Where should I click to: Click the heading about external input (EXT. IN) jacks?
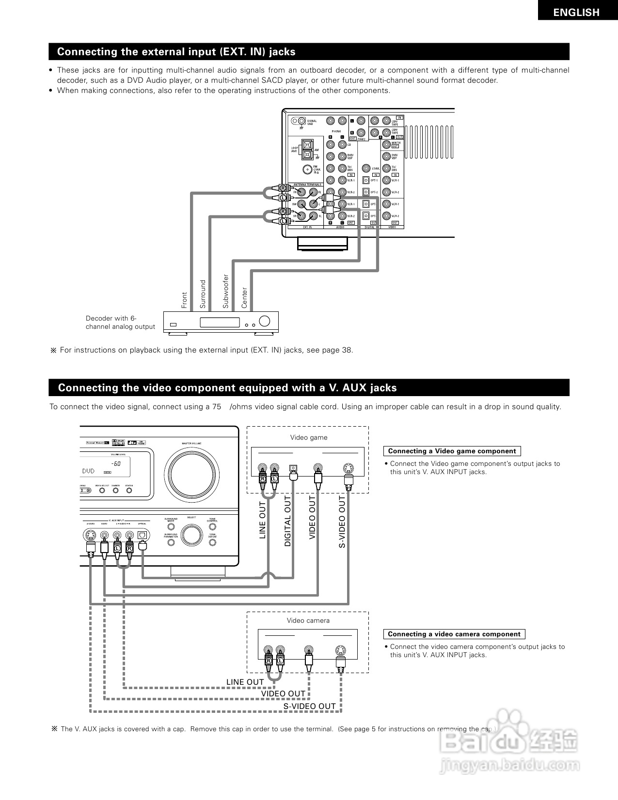(176, 52)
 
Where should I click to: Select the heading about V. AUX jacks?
(227, 388)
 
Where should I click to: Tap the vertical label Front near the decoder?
(184, 300)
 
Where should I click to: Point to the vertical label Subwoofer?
(225, 291)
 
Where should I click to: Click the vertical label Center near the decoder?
(244, 298)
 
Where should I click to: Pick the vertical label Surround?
(203, 294)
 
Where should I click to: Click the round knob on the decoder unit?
(265, 321)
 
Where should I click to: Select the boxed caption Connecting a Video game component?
(452, 451)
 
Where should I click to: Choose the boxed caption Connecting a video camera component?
(454, 634)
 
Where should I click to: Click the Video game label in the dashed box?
(309, 438)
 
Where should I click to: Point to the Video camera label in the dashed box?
(308, 621)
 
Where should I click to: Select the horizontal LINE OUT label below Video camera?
(245, 682)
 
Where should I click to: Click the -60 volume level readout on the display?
(116, 463)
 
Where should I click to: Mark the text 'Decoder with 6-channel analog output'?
(120, 323)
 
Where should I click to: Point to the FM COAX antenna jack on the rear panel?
(306, 169)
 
